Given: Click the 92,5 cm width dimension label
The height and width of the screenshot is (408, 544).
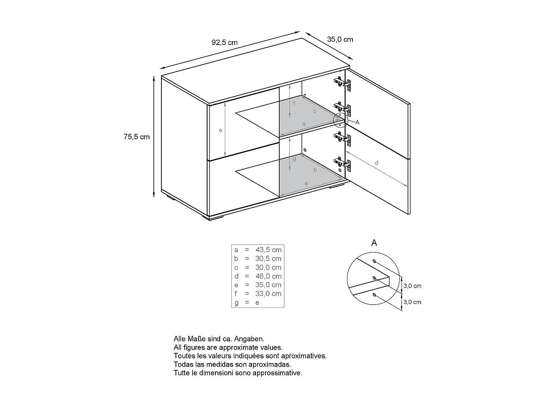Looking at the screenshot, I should (x=224, y=42).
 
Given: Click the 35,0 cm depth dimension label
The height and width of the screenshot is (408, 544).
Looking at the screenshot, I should (x=340, y=39).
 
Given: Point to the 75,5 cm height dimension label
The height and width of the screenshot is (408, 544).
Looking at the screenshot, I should (x=136, y=137).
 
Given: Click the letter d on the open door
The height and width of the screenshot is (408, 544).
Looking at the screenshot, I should (x=376, y=163).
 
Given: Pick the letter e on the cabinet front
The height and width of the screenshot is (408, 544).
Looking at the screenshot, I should (x=221, y=130).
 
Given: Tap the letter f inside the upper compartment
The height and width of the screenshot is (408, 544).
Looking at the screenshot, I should (x=294, y=104).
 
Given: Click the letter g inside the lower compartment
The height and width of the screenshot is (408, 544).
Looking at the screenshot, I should (x=294, y=158).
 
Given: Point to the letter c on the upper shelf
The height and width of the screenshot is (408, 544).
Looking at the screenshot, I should (x=314, y=111).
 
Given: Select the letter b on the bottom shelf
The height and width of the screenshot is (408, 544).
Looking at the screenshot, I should (x=315, y=170).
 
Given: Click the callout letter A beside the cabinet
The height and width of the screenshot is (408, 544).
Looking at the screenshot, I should (x=357, y=122).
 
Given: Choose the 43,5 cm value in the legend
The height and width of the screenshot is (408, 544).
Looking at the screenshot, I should (x=268, y=250).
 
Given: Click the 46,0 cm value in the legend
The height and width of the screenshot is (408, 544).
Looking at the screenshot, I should (x=268, y=276).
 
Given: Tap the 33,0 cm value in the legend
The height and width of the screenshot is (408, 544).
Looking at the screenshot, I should (x=268, y=294).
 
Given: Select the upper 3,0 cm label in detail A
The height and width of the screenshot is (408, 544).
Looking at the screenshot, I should (x=412, y=286).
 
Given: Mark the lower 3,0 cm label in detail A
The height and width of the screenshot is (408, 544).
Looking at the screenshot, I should (x=412, y=302).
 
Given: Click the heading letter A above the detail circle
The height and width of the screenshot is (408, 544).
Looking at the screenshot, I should (x=374, y=243).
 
